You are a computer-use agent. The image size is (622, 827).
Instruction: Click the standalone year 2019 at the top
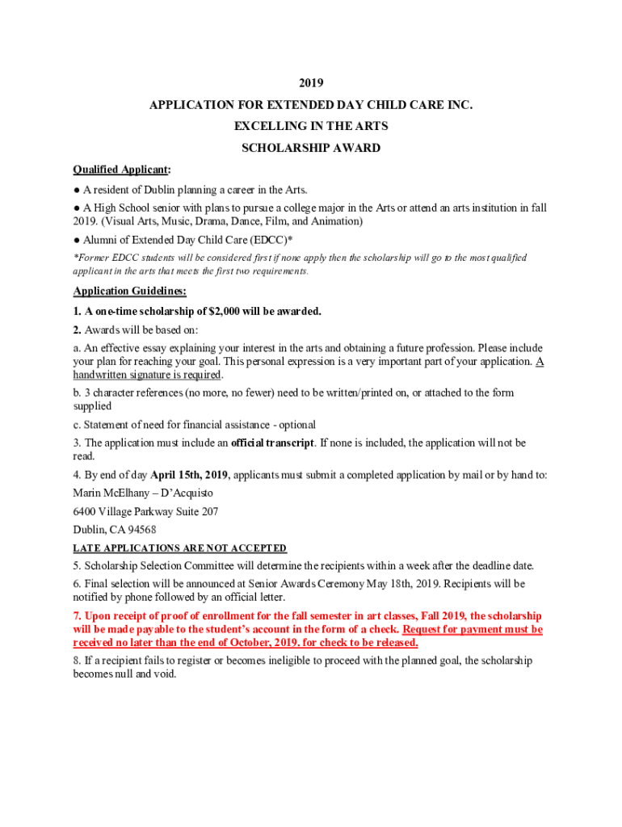(x=311, y=82)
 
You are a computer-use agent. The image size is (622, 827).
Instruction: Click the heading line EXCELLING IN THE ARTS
(x=311, y=126)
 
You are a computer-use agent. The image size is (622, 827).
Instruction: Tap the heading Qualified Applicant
(x=121, y=170)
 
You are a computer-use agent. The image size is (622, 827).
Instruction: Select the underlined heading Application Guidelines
(x=129, y=291)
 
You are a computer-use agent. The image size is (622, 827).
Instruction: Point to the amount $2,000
(x=227, y=311)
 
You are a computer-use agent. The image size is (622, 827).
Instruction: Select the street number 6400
(x=85, y=511)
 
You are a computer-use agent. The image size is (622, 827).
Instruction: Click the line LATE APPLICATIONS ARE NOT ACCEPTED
(x=179, y=548)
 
